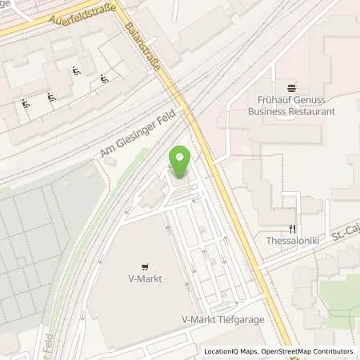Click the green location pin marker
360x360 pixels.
(x=181, y=161)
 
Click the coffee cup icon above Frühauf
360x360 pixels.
(x=290, y=86)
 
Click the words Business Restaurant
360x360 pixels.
(x=290, y=112)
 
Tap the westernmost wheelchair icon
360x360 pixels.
(x=26, y=103)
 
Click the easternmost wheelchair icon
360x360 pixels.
(x=105, y=78)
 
